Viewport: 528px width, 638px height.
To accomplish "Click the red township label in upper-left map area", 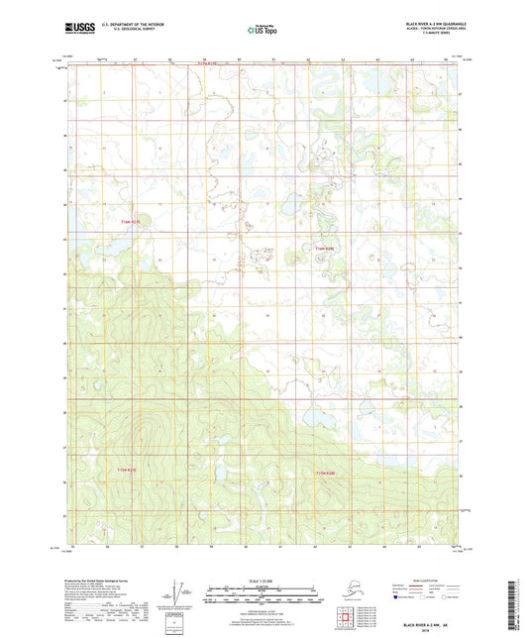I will (x=131, y=221).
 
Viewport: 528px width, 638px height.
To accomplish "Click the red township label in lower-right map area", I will (x=326, y=474).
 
